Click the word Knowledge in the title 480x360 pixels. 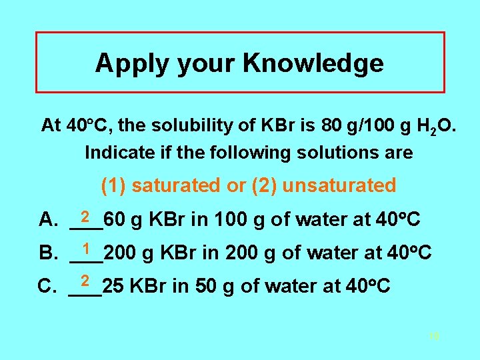coord(313,63)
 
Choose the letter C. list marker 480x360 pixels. coord(49,287)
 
